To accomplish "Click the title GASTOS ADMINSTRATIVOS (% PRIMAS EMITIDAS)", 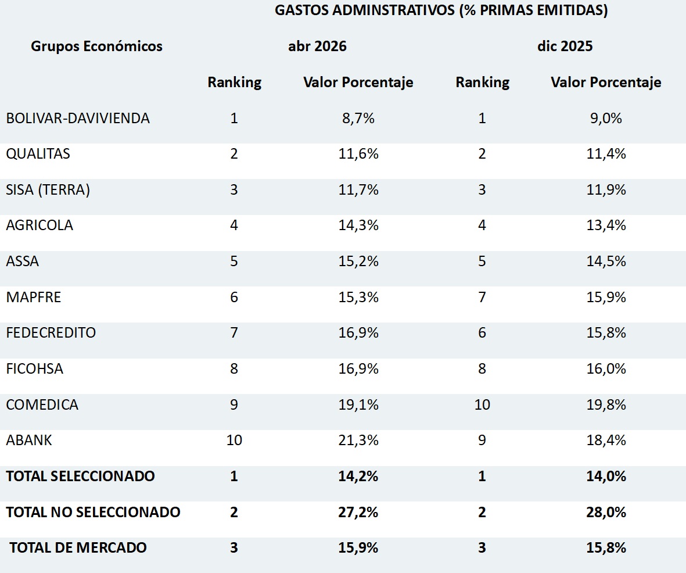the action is pyautogui.click(x=441, y=10).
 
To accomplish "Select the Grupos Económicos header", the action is pyautogui.click(x=96, y=46).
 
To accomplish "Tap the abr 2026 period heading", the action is pyautogui.click(x=317, y=46).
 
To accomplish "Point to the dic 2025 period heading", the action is pyautogui.click(x=565, y=46).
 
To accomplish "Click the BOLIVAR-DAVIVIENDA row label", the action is pyautogui.click(x=78, y=118).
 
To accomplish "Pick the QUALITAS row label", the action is pyautogui.click(x=38, y=153).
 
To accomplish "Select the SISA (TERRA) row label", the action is pyautogui.click(x=48, y=189).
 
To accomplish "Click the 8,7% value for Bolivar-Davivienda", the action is pyautogui.click(x=358, y=118).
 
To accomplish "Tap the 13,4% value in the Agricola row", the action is pyautogui.click(x=606, y=225).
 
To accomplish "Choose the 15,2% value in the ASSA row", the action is pyautogui.click(x=358, y=262).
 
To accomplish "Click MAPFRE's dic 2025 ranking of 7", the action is pyautogui.click(x=482, y=297).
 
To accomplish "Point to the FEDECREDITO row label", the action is pyautogui.click(x=51, y=332).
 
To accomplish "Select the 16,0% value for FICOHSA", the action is pyautogui.click(x=606, y=368).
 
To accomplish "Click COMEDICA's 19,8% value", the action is pyautogui.click(x=606, y=404).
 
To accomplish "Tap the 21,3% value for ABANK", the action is pyautogui.click(x=358, y=440).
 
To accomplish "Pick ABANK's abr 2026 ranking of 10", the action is pyautogui.click(x=234, y=440).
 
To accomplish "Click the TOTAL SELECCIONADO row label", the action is pyautogui.click(x=80, y=476).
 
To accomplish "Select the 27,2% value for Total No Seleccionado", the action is pyautogui.click(x=358, y=512).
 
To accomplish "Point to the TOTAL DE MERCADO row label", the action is pyautogui.click(x=78, y=547).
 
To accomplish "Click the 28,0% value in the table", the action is pyautogui.click(x=606, y=512).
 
